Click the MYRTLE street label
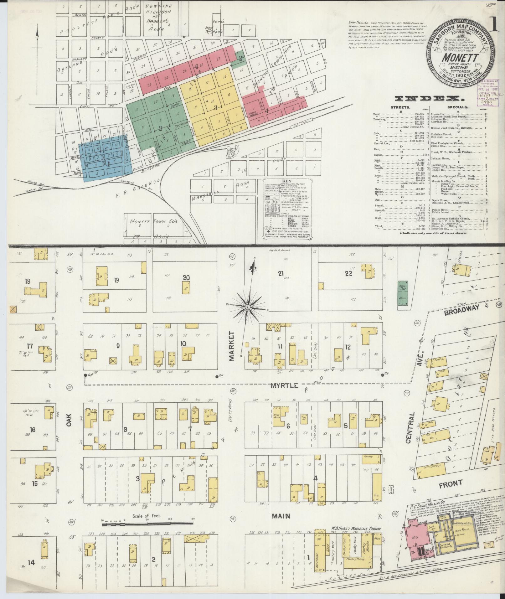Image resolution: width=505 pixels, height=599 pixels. (284, 386)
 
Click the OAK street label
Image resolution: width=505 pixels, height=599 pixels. (69, 420)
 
